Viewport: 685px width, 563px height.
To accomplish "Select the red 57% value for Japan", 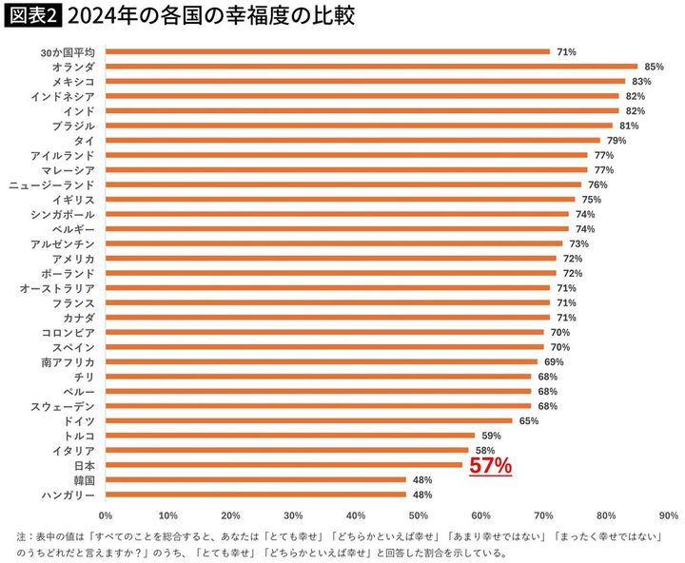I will [491, 466].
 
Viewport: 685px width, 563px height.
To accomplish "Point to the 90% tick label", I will [668, 515].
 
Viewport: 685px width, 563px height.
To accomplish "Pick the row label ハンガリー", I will [68, 495].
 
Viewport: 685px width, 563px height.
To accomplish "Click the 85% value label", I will [654, 67].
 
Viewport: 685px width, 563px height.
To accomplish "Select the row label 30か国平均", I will [61, 51].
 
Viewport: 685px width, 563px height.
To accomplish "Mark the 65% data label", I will [528, 420].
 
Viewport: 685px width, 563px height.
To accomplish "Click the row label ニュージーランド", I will [54, 184].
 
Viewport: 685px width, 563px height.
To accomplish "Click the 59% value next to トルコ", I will [491, 436].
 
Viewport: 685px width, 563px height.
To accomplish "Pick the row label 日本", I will [84, 466].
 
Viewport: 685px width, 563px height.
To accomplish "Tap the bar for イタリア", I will [286, 450].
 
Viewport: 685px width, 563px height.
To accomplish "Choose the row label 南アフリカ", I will [68, 362].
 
